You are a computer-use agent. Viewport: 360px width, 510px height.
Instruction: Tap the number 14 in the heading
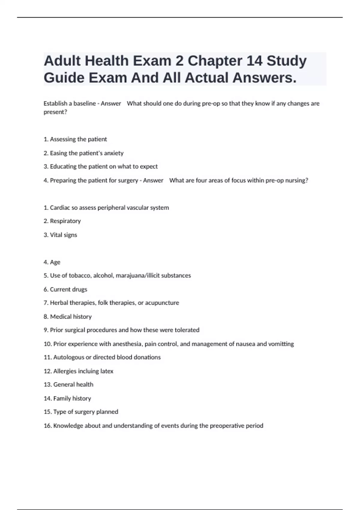254,61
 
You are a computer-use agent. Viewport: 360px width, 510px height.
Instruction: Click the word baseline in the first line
85,103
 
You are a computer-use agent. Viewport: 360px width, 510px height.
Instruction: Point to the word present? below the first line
55,112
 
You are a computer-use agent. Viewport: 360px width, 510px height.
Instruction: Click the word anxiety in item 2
114,153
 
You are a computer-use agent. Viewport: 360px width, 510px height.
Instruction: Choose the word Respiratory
65,221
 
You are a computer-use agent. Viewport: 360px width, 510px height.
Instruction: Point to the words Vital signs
63,235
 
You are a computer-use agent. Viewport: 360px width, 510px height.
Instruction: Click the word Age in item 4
55,262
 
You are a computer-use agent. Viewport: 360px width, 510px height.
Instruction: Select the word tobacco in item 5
80,275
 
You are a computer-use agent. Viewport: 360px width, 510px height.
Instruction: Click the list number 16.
47,426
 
